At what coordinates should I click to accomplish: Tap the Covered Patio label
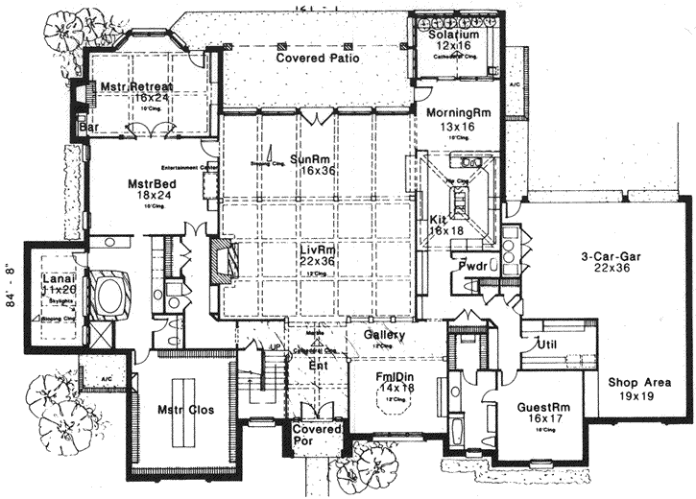point(318,58)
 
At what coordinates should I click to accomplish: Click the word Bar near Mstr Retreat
point(93,127)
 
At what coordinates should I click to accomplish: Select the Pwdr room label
point(473,265)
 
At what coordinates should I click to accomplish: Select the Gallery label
point(383,334)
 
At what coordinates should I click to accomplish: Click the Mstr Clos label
point(185,410)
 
